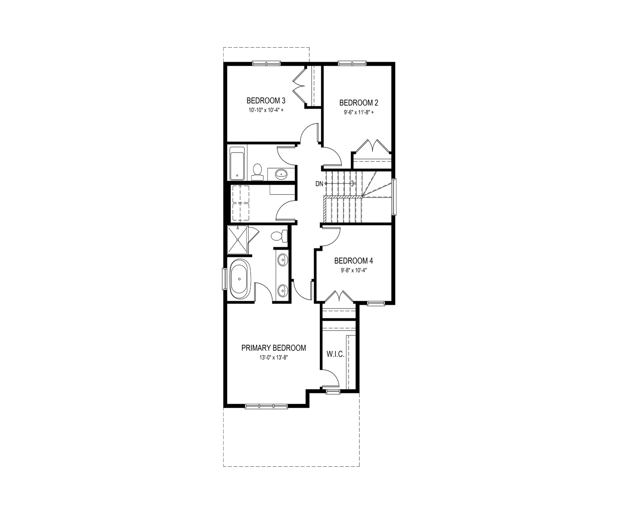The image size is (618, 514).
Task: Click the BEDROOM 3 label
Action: coord(266,101)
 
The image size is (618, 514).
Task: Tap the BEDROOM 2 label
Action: coord(359,103)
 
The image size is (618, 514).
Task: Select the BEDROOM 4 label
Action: coord(353,260)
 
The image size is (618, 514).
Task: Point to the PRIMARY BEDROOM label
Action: coord(274,348)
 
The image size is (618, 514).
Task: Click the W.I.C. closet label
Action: coord(335,355)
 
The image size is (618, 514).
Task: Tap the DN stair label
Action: coord(319,184)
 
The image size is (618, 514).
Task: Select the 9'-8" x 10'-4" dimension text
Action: coord(354,270)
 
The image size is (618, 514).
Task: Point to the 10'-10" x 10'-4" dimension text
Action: coord(266,110)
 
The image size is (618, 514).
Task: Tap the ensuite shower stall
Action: coord(237,240)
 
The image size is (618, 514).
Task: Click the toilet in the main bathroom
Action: coord(257,172)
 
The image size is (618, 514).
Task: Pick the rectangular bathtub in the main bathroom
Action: coord(237,163)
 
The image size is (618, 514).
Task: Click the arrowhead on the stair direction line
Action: coord(353,183)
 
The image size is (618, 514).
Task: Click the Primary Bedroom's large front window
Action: coord(266,406)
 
